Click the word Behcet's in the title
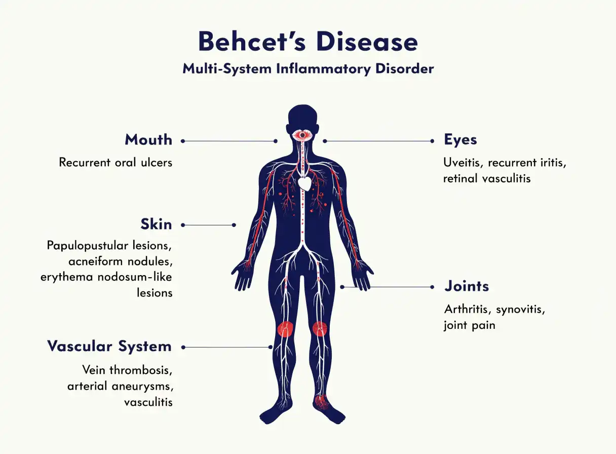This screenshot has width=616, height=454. point(252,42)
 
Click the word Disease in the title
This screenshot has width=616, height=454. point(367,42)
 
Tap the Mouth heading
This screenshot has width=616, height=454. point(148,140)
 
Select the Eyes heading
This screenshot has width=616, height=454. point(460,140)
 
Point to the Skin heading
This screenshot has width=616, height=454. point(156,224)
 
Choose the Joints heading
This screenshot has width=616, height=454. point(467,286)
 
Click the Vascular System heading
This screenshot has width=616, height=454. point(109,346)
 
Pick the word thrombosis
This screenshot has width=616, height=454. point(141,370)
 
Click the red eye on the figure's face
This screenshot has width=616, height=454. point(302,135)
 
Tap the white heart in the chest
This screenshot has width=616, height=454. point(305,183)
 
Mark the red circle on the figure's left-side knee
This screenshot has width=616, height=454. point(286,329)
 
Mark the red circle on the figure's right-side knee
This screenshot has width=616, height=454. point(320,329)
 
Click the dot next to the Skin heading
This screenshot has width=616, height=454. point(183,225)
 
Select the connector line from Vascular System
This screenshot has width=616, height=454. point(227,347)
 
